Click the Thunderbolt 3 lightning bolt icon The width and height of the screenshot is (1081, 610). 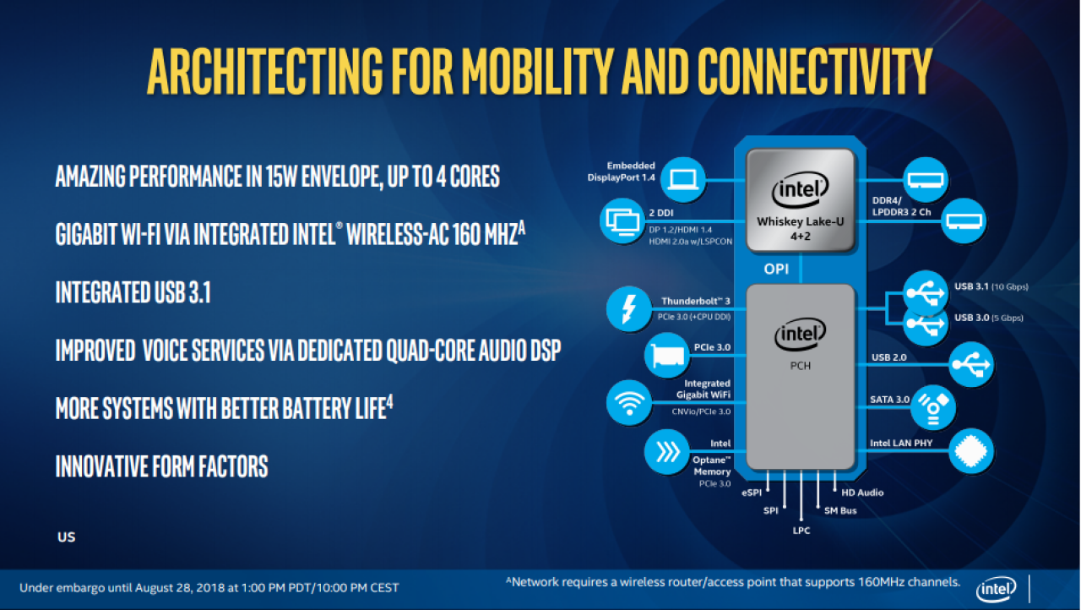(x=628, y=308)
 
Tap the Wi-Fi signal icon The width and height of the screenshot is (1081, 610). (x=629, y=402)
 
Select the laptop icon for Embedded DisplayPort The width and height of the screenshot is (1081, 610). (x=682, y=179)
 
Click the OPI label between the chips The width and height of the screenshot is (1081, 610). (x=776, y=269)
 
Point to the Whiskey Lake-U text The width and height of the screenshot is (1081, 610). (x=800, y=221)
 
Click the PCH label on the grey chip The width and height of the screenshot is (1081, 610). (x=800, y=366)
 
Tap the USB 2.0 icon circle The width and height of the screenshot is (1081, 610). (x=971, y=364)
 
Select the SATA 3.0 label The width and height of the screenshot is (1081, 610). (x=889, y=400)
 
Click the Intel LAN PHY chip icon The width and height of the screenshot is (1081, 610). (x=971, y=451)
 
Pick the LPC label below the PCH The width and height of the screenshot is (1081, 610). (x=801, y=531)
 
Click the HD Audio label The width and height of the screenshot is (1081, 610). (x=862, y=493)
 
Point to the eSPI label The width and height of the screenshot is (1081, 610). (x=752, y=493)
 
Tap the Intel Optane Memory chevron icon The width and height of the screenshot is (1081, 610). (x=666, y=452)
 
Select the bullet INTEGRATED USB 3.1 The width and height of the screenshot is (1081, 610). (x=133, y=292)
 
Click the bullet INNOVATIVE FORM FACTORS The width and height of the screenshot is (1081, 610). (x=161, y=466)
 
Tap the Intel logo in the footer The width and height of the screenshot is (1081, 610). (x=996, y=589)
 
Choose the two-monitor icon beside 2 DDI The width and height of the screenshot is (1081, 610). (x=622, y=221)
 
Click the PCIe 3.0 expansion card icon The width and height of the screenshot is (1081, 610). (x=666, y=356)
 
